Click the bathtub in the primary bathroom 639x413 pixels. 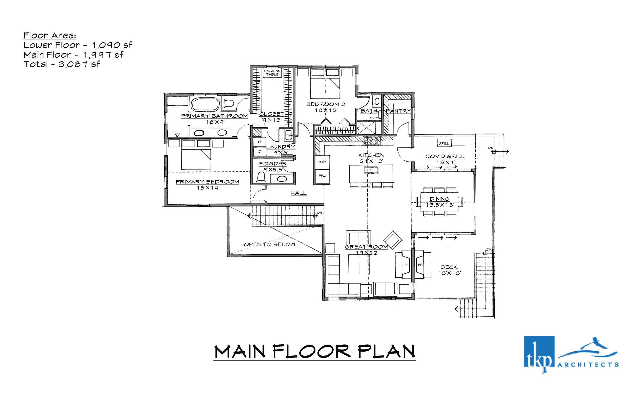[x=205, y=105]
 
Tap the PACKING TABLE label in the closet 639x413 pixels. [x=272, y=73]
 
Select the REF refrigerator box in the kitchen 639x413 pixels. [x=322, y=162]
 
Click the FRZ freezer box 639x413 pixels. [x=322, y=176]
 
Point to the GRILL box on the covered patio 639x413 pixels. [x=444, y=143]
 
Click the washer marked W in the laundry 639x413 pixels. [x=259, y=142]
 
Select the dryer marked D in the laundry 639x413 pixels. [x=259, y=151]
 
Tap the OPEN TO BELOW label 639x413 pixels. [x=269, y=244]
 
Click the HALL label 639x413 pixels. [x=299, y=193]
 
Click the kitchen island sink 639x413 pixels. [x=371, y=170]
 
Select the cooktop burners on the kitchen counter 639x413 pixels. [x=371, y=141]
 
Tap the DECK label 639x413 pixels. [x=449, y=267]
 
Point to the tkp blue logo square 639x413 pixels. [x=539, y=352]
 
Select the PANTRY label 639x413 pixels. [x=398, y=111]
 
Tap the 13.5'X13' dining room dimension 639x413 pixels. [x=440, y=205]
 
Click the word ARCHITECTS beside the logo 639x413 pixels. [x=588, y=365]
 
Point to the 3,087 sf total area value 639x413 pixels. [x=79, y=64]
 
